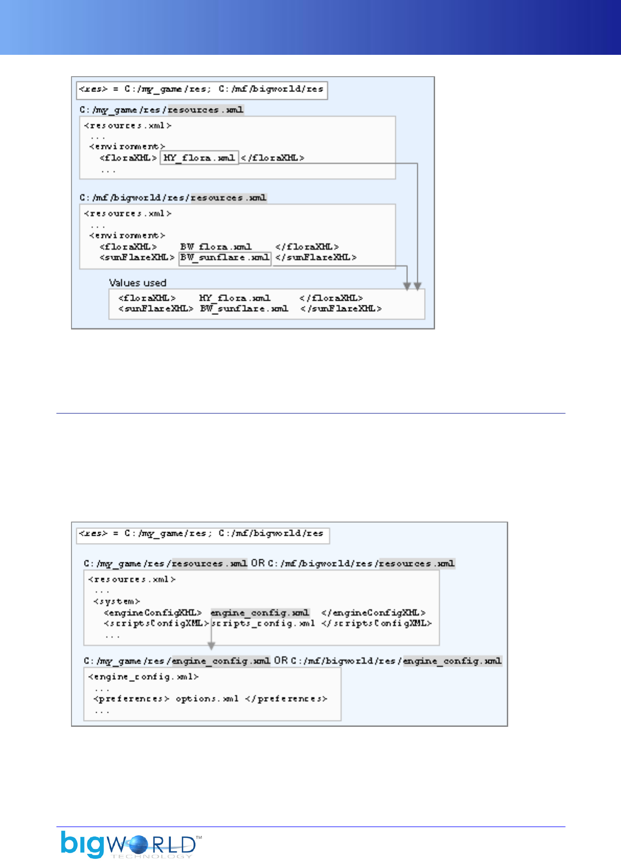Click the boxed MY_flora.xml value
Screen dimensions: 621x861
coord(199,158)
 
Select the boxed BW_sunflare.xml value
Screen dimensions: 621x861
coord(225,257)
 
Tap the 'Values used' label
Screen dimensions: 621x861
coord(137,282)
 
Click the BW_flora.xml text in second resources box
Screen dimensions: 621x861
coord(216,246)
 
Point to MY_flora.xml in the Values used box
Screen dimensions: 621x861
coord(235,298)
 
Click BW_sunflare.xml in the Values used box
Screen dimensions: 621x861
coord(244,309)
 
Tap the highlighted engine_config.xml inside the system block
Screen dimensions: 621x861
coord(260,612)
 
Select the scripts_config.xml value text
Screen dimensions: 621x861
coord(263,623)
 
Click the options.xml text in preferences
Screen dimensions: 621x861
coord(207,699)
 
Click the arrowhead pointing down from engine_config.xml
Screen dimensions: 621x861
coord(211,646)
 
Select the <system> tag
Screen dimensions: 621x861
coord(116,601)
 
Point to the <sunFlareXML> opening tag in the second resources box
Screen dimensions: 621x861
coord(137,257)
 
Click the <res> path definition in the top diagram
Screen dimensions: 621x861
coord(202,89)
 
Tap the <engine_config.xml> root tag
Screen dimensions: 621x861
coord(144,677)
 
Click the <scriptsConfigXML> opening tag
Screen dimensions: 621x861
coord(156,623)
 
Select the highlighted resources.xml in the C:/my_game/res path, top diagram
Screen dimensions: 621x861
coord(205,110)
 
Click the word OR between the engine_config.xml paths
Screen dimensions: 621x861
coord(280,661)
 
